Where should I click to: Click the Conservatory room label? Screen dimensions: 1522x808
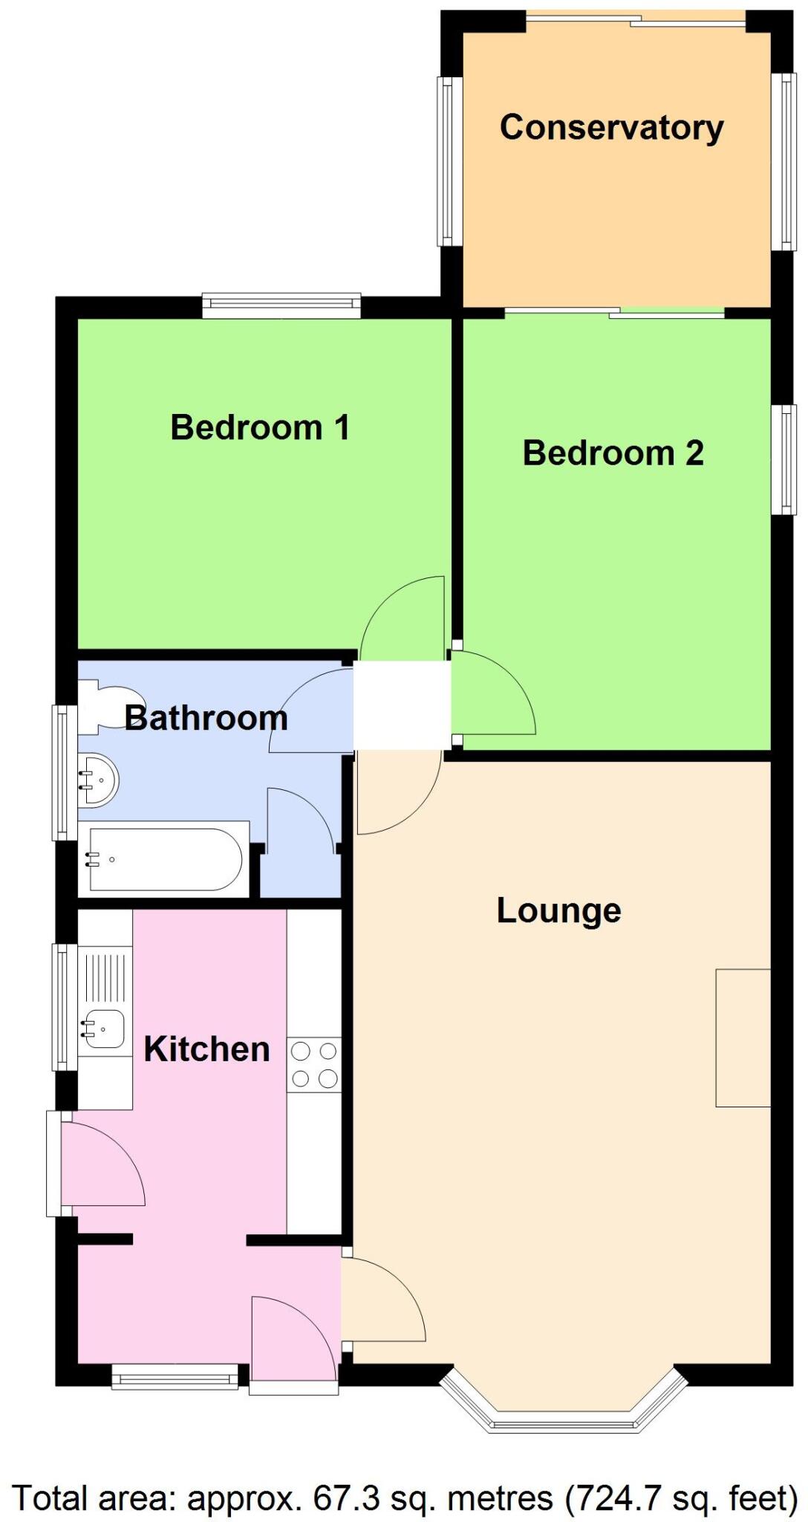click(x=611, y=128)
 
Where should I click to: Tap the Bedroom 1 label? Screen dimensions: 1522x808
click(x=260, y=427)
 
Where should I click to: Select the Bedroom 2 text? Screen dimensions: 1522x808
click(x=613, y=453)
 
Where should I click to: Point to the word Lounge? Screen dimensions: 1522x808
click(x=558, y=911)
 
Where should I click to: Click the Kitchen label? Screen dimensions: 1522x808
click(x=206, y=1049)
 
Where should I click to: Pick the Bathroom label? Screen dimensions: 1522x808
click(x=206, y=718)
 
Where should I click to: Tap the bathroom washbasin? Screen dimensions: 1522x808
click(x=98, y=780)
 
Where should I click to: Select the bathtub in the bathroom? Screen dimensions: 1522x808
click(x=165, y=860)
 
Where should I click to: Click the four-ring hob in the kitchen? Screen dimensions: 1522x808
click(x=313, y=1064)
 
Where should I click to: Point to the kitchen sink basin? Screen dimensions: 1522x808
click(x=104, y=1029)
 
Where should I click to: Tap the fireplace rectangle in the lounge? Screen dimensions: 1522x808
click(x=743, y=1037)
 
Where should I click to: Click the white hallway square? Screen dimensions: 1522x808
click(x=402, y=705)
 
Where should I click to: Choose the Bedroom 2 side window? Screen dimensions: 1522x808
click(x=783, y=459)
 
